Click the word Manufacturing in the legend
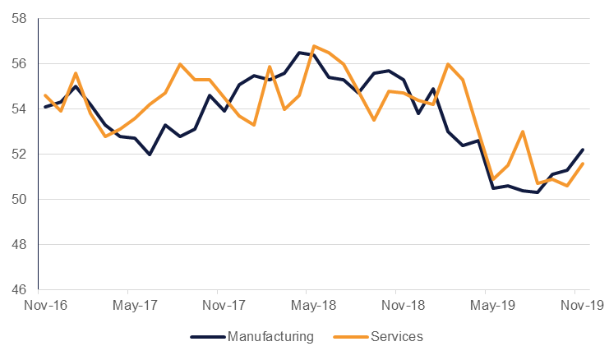270,336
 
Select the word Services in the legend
396,336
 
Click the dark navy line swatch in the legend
207,336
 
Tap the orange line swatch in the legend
350,336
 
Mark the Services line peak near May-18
314,46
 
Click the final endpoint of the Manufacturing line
584,150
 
